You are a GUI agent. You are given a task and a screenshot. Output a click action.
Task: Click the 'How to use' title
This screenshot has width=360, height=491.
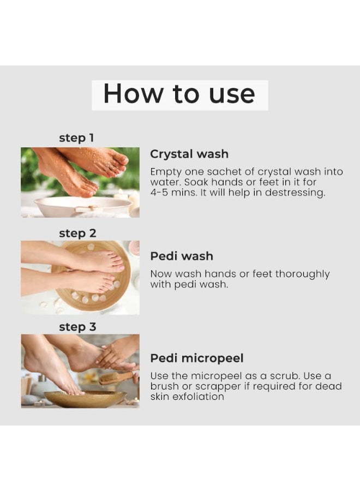[x=179, y=93]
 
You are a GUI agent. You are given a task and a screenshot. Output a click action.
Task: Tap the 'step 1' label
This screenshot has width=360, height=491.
[x=76, y=138]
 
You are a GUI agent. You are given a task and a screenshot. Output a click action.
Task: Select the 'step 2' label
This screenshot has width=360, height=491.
[x=77, y=233]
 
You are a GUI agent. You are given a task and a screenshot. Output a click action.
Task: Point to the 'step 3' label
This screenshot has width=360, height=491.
[x=77, y=327]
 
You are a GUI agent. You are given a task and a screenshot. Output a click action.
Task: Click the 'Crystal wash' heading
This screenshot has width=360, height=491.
[x=189, y=154]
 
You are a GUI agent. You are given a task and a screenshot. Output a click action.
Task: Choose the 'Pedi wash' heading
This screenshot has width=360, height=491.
[x=182, y=256]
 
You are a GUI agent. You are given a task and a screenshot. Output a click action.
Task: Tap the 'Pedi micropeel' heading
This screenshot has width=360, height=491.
[x=197, y=358]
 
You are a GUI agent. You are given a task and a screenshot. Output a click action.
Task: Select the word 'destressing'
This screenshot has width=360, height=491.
[x=295, y=192]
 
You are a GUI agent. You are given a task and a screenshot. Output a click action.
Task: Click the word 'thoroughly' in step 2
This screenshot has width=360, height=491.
[x=302, y=274]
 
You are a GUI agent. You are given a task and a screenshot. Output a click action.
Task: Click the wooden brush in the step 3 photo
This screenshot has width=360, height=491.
[x=116, y=378]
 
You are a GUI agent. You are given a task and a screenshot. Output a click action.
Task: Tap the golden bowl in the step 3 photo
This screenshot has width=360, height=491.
[x=85, y=398]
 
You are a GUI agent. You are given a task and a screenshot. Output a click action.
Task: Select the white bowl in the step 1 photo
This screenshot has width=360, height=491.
[x=83, y=206]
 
